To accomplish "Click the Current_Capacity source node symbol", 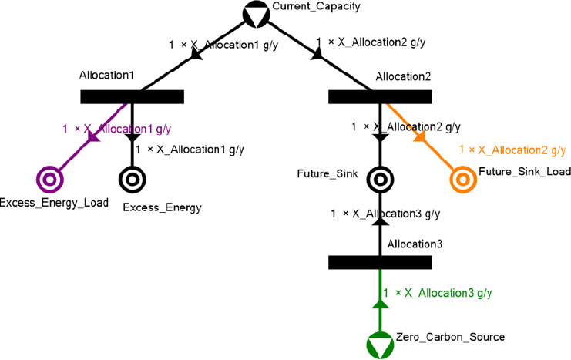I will pyautogui.click(x=254, y=13).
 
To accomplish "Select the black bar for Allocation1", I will pyautogui.click(x=132, y=96).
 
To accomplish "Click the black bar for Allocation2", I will pyautogui.click(x=379, y=96).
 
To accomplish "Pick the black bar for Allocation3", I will pyautogui.click(x=379, y=262).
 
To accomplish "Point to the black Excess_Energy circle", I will pyautogui.click(x=132, y=180).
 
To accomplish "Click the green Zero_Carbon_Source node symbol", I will pyautogui.click(x=379, y=345).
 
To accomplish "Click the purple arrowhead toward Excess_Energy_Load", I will pyautogui.click(x=94, y=137).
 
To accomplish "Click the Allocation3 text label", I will pyautogui.click(x=402, y=243).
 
